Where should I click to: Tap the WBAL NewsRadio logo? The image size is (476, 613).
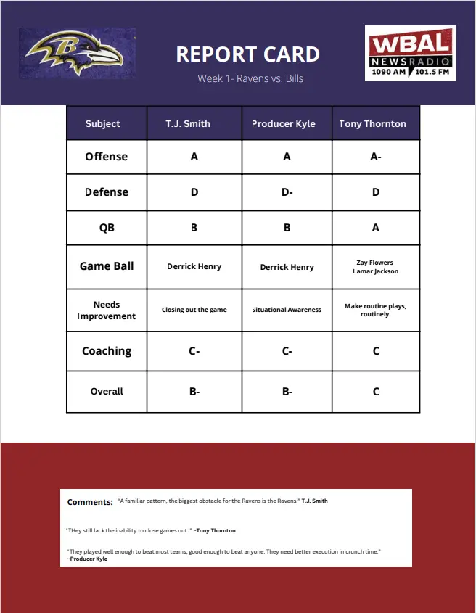coord(411,53)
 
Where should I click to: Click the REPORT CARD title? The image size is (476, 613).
coord(247,54)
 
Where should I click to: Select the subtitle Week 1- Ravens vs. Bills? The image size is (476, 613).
coord(250,78)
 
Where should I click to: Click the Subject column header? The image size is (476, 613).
coord(103,123)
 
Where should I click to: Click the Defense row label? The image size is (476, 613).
coord(107,192)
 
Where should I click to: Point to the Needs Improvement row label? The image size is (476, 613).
coord(107,310)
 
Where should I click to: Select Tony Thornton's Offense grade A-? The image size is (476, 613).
coord(376,157)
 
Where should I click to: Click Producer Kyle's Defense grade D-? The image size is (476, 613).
coord(287,192)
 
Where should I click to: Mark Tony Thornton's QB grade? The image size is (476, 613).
coord(376,228)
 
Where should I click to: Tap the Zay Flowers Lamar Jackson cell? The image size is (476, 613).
coord(376,267)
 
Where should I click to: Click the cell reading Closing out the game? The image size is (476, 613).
coord(194,310)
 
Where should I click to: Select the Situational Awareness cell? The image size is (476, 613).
coord(287,310)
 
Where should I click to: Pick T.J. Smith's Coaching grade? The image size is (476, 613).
coord(194,351)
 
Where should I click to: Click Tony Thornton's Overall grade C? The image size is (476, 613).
coord(376,392)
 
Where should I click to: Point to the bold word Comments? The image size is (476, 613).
coord(90,502)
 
